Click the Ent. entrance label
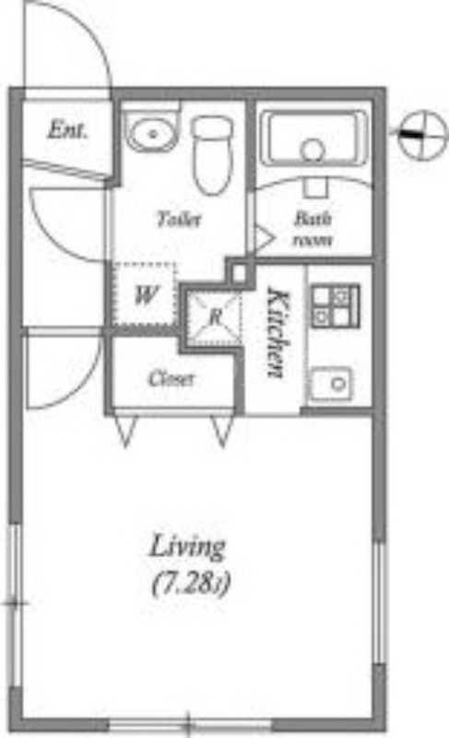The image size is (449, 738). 67,129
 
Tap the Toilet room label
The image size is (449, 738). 180,219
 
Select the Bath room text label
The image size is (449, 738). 313,229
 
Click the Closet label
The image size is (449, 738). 171,379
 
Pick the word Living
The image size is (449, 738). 187,547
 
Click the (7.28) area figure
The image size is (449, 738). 192,584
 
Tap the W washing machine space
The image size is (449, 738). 146,294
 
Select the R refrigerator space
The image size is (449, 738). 215,316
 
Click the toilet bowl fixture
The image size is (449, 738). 212,154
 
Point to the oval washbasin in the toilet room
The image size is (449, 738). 152,133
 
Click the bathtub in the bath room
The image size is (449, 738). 314,137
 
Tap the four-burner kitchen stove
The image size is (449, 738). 335,306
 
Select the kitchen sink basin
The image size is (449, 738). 332,384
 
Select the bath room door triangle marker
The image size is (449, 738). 264,238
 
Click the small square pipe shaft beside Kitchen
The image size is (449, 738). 240,273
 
